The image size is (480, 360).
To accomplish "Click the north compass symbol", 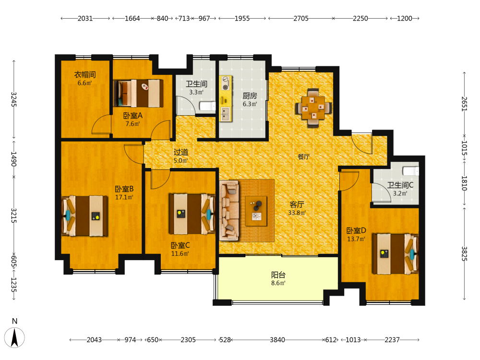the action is pos(14,337).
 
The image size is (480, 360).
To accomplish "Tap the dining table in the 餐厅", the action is pos(313,108).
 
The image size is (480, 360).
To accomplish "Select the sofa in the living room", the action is pos(229,210).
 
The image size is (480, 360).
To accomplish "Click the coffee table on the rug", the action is pos(256,211).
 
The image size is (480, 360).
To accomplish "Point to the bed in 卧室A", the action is pos(138,94).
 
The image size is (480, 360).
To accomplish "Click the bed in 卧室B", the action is pos(85,216).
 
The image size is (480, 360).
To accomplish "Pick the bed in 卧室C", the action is pos(192,214).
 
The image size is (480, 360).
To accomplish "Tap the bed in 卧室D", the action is pos(395,254).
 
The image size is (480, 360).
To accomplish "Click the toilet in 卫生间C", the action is pos(410,171).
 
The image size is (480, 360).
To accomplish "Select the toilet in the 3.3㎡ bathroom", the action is pos(207,106).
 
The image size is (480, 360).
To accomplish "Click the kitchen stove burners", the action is pos(226,83).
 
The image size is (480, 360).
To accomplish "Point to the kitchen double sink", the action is pos(226,114).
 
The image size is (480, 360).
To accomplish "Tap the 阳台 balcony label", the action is pos(278,275).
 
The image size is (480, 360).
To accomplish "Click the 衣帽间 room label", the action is pos(85,74).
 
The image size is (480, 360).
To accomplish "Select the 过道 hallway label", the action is pos(180,152).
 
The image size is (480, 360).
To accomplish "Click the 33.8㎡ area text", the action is pos(297,213).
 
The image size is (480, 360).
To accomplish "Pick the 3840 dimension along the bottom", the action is pos(277,340).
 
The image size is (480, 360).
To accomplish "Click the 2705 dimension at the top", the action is pos(301,18).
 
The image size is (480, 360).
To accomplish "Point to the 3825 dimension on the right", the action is pos(464,254).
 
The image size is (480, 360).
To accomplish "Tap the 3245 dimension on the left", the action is pos(14,99).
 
